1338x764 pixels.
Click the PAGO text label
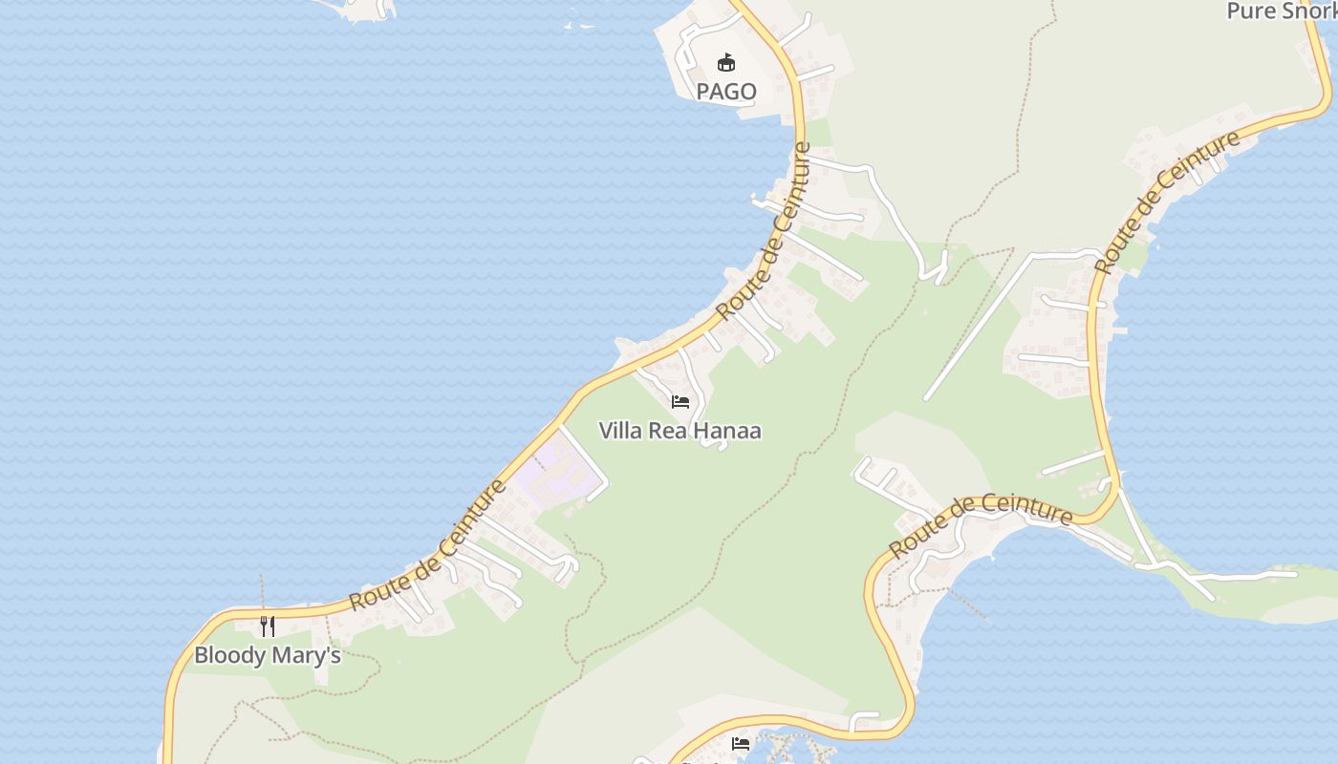(726, 92)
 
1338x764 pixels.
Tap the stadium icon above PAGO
(726, 63)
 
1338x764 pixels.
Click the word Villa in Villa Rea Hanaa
(620, 431)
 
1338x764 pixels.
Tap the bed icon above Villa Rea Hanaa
(680, 402)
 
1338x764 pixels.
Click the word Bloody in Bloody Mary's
(230, 656)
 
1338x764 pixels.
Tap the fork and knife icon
(268, 626)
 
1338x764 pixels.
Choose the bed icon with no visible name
(741, 744)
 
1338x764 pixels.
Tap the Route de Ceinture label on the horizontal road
(981, 525)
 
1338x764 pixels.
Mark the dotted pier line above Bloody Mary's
(261, 592)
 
